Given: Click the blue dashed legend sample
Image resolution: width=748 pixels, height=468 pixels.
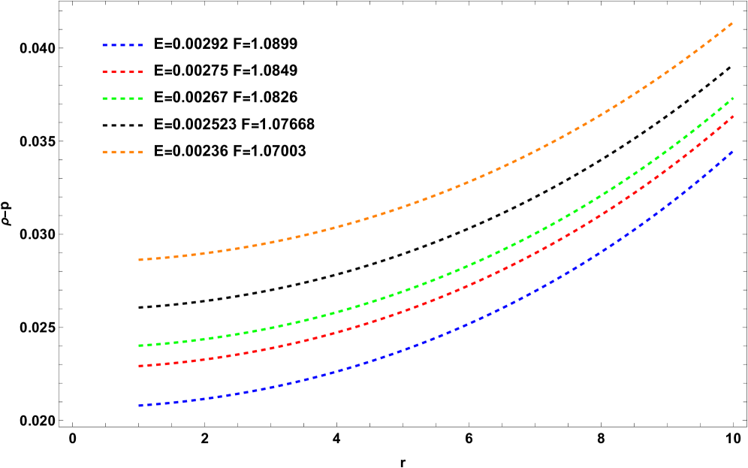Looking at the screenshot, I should point(122,45).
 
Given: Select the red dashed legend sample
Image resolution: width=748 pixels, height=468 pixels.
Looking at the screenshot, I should point(122,72).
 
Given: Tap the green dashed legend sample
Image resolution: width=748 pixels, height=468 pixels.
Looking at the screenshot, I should point(122,98).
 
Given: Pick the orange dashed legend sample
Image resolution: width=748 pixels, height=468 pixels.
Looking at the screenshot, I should point(122,152).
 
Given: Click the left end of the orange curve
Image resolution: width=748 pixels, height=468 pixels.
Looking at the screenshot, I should point(140,259).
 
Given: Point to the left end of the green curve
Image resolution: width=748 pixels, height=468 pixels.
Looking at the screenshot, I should point(140,346).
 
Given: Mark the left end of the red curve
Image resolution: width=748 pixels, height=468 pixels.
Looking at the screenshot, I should point(140,366).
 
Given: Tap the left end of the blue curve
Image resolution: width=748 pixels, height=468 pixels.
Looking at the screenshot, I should point(140,406).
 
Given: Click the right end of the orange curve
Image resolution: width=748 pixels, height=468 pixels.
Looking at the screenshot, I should point(732,23).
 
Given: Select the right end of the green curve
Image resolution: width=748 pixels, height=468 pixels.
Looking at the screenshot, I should point(732,98).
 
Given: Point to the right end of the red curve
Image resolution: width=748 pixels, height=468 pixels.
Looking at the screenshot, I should point(732,116).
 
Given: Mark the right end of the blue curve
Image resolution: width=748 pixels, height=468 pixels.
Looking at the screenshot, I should point(732,151).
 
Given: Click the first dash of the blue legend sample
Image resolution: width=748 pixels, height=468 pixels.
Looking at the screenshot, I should point(106,45).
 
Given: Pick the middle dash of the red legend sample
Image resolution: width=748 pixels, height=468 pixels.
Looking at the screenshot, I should point(122,72).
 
